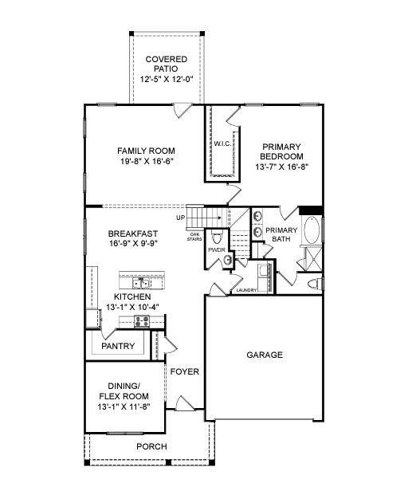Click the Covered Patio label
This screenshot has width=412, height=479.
166,64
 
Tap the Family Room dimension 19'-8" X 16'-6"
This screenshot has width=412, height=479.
147,161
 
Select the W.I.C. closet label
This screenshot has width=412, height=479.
222,143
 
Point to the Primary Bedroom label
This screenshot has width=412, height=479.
281,151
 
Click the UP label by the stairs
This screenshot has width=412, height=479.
180,218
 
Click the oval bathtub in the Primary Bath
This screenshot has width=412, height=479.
312,230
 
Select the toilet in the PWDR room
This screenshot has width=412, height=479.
217,237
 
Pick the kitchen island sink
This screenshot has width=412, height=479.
141,284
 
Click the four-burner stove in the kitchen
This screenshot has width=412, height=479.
142,321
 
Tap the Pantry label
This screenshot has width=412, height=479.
118,346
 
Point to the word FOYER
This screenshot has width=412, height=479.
184,371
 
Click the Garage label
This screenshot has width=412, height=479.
265,355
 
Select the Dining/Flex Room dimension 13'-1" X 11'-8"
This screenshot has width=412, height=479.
124,407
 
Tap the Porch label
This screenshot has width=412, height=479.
151,446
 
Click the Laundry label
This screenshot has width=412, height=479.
246,290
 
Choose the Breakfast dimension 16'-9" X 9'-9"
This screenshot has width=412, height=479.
133,243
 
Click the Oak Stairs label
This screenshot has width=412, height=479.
194,237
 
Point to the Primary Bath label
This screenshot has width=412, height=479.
281,234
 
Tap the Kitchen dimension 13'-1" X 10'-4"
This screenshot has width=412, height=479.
132,307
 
